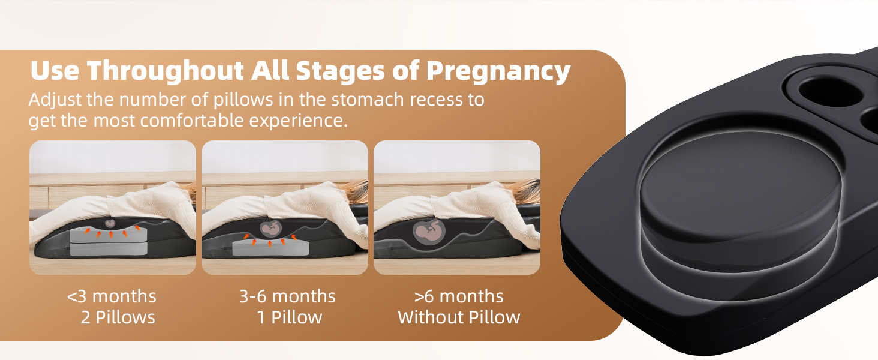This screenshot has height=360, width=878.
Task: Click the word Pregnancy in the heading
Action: (498, 71)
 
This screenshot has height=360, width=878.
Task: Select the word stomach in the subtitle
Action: (368, 99)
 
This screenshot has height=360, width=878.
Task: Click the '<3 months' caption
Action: (112, 296)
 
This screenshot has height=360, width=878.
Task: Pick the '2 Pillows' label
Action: (118, 317)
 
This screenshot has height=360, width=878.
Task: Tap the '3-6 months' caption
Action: (287, 296)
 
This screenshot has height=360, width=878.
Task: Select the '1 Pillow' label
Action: (290, 317)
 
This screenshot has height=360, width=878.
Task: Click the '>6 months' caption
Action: (459, 296)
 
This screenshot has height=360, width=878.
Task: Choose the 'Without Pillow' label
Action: (459, 317)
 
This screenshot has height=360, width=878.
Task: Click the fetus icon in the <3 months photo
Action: (110, 224)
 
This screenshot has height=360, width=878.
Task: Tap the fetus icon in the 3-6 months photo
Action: (271, 229)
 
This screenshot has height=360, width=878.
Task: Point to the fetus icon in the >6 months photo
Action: (429, 232)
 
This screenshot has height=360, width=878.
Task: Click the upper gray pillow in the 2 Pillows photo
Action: (109, 235)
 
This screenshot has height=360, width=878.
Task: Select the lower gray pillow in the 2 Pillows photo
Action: (109, 249)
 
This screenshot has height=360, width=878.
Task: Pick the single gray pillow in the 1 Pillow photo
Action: (271, 247)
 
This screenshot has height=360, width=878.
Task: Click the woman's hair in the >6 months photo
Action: (524, 190)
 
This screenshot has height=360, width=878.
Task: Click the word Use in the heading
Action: (55, 71)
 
